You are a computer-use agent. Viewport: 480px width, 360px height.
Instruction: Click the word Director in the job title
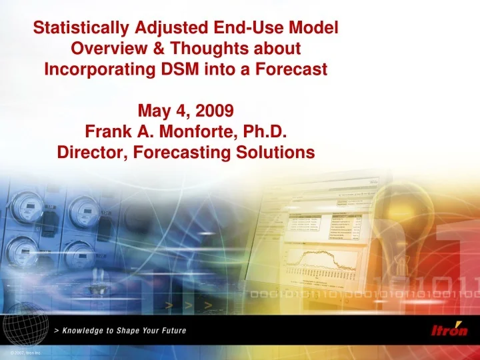pos(91,153)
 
